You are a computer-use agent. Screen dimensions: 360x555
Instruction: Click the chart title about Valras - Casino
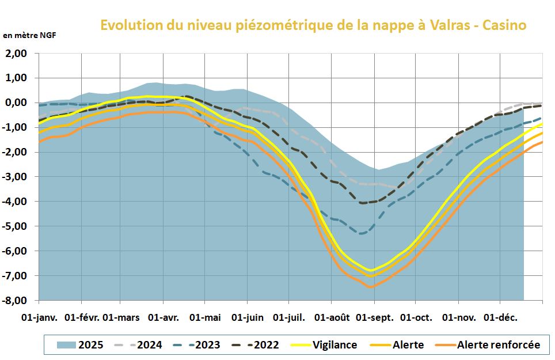pos(313,25)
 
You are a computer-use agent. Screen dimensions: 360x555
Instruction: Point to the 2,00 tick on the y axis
pos(17,53)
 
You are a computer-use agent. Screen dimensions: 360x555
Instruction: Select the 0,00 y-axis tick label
pos(17,103)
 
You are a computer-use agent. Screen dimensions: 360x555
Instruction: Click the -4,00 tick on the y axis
pos(16,202)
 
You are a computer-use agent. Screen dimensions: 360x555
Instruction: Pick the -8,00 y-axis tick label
pos(16,300)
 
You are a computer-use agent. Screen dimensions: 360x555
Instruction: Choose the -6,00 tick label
pos(16,251)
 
